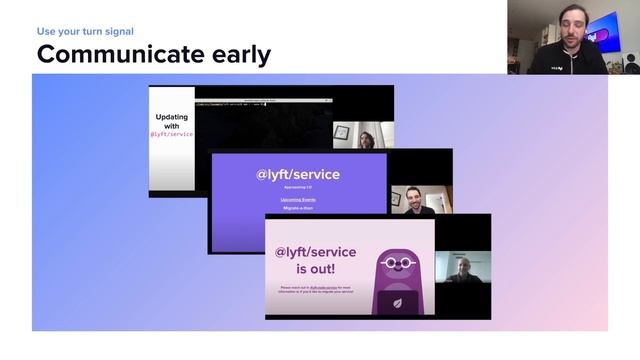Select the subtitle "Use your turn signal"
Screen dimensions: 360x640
pos(85,31)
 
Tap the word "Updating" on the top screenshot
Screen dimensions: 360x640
pos(172,117)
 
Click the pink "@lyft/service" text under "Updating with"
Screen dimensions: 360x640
pos(172,134)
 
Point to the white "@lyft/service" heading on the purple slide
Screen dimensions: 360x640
pos(298,174)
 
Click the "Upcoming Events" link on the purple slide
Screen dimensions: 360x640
pos(298,199)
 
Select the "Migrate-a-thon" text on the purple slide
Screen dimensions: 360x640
pos(298,208)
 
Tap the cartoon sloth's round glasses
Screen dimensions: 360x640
pos(400,263)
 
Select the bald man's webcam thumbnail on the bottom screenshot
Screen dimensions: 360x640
pos(463,269)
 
